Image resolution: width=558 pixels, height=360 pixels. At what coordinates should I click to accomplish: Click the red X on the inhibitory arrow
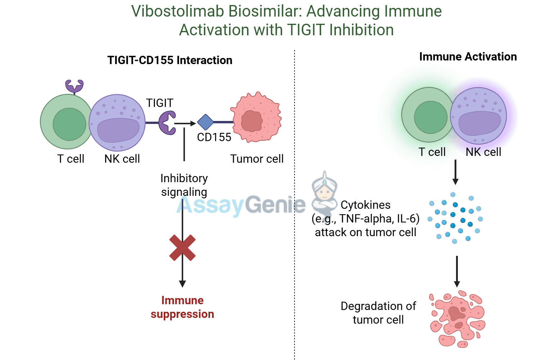[x=183, y=248]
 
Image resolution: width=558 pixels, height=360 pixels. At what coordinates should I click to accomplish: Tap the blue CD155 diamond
[x=206, y=122]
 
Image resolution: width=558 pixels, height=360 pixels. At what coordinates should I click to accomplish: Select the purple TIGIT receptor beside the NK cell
[x=167, y=123]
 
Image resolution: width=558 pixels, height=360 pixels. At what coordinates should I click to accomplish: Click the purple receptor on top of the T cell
[x=74, y=86]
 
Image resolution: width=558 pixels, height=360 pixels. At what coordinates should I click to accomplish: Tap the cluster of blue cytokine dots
[x=455, y=218]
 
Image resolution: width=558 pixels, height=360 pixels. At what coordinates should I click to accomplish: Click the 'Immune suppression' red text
[x=183, y=307]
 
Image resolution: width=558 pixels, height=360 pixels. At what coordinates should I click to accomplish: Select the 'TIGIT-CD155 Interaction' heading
[x=170, y=60]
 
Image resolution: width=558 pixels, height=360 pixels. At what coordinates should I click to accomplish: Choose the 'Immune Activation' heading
[x=468, y=57]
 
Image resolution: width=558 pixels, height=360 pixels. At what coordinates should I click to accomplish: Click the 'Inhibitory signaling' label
[x=184, y=185]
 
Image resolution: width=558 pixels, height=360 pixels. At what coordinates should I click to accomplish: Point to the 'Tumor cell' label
[x=257, y=159]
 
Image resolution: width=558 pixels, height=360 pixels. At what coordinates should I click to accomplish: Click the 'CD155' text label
[x=214, y=137]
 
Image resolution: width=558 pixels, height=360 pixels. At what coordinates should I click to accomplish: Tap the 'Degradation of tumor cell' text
[x=378, y=313]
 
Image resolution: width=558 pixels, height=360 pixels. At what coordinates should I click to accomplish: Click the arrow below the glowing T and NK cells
[x=455, y=172]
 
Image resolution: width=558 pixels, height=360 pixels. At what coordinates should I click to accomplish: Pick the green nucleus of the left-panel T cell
[x=69, y=124]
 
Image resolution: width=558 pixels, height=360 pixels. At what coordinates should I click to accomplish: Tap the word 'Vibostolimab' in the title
[x=177, y=11]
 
